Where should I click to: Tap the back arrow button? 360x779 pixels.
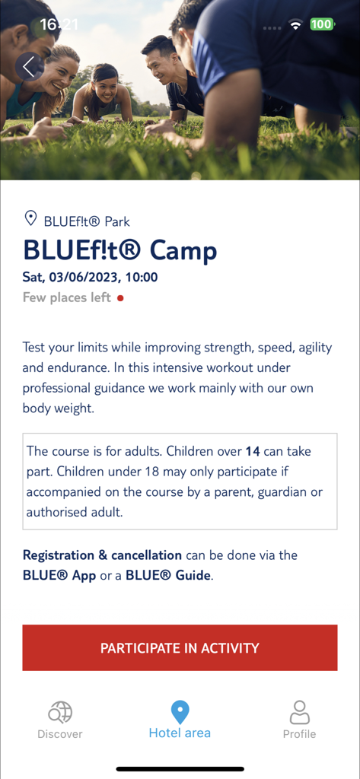pyautogui.click(x=29, y=67)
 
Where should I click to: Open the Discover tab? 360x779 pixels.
pyautogui.click(x=60, y=720)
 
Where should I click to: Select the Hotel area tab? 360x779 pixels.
pyautogui.click(x=180, y=720)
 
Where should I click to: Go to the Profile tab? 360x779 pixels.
pyautogui.click(x=299, y=720)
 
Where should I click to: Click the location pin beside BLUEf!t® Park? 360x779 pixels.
pyautogui.click(x=30, y=220)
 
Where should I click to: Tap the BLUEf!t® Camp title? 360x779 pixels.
pyautogui.click(x=119, y=250)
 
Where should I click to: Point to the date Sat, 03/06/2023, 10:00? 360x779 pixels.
pyautogui.click(x=90, y=278)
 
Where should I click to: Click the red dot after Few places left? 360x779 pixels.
pyautogui.click(x=120, y=298)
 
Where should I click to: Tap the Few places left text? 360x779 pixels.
pyautogui.click(x=67, y=297)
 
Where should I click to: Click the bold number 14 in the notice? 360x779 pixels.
pyautogui.click(x=253, y=451)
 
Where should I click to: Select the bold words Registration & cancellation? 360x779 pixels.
pyautogui.click(x=102, y=555)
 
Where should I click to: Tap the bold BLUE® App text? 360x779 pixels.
pyautogui.click(x=59, y=575)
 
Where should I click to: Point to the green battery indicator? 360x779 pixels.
pyautogui.click(x=321, y=24)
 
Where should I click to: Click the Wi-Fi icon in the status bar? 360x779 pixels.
pyautogui.click(x=295, y=25)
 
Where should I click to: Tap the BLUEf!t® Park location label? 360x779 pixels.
pyautogui.click(x=87, y=221)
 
